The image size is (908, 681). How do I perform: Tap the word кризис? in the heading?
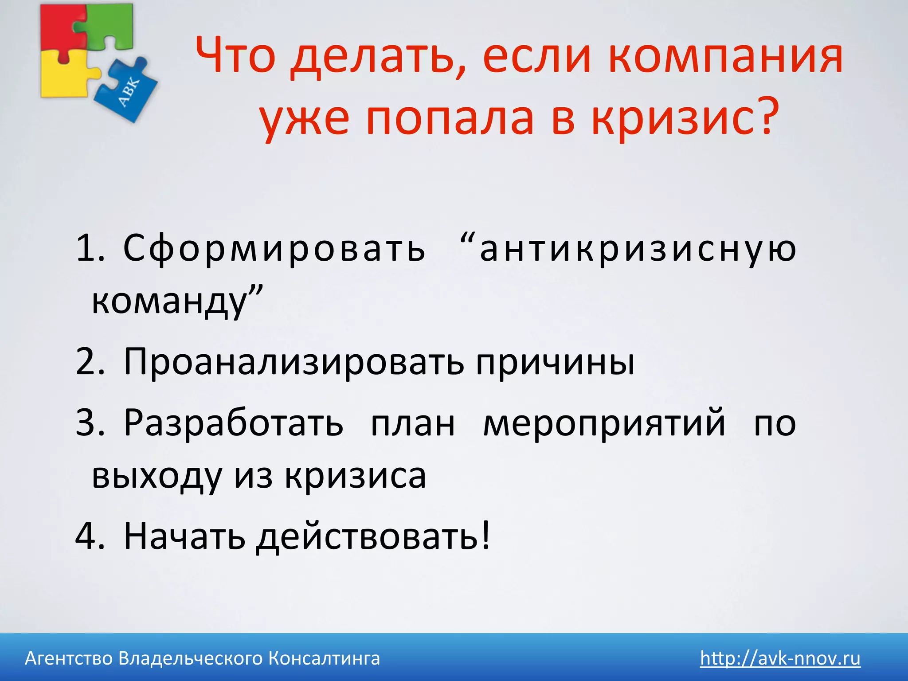685,117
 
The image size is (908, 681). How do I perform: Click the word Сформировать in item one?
274,248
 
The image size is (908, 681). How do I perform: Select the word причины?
555,361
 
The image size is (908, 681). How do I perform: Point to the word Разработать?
233,422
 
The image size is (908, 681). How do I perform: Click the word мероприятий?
604,422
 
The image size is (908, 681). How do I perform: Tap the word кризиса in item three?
355,475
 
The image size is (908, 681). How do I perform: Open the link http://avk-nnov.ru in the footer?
780,658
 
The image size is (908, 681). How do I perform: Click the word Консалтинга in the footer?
324,658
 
